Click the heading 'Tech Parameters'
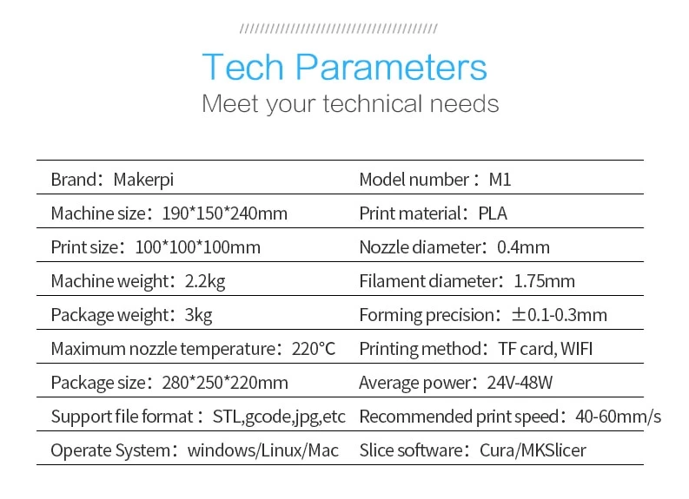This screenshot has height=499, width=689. (x=344, y=67)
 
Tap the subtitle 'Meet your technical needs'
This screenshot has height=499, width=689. (x=350, y=104)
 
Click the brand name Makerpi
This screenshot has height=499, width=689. (x=143, y=180)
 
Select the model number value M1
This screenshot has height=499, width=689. (x=500, y=180)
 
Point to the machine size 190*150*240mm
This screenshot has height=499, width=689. (x=224, y=213)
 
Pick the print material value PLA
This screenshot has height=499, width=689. (x=493, y=213)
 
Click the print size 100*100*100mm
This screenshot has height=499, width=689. (x=198, y=247)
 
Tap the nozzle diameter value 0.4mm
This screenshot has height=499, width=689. (x=523, y=247)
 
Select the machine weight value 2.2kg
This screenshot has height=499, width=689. (x=205, y=282)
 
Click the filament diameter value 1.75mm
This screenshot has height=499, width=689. (x=544, y=281)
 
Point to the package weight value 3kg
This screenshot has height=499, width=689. (x=198, y=316)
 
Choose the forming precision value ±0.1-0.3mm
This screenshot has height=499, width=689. (x=560, y=315)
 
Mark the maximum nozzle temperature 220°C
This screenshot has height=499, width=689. (x=314, y=350)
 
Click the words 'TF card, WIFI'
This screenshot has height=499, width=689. (x=546, y=350)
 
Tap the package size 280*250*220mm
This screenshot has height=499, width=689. (x=225, y=383)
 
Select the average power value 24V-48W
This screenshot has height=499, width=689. (x=520, y=383)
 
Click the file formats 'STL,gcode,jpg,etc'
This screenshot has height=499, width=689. (x=279, y=417)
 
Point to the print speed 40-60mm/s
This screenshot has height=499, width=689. (x=618, y=417)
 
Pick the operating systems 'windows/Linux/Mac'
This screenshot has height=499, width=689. (x=262, y=450)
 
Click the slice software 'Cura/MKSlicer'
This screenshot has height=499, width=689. (x=533, y=450)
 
